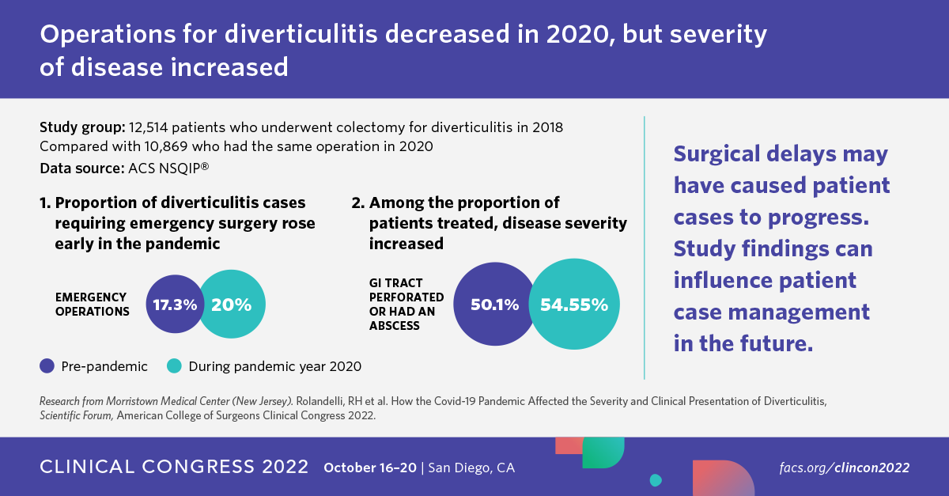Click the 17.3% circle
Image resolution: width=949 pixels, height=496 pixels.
(x=172, y=305)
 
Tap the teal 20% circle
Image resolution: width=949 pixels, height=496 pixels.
(x=233, y=305)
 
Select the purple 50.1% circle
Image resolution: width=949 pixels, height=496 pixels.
(x=494, y=305)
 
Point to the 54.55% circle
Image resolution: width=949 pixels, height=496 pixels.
(x=574, y=305)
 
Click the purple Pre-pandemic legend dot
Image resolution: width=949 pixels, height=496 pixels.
(x=47, y=365)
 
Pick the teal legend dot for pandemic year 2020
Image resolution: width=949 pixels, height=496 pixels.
(x=175, y=365)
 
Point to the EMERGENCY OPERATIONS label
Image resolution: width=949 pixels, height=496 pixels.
(x=92, y=304)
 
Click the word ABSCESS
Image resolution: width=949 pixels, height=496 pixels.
(x=395, y=325)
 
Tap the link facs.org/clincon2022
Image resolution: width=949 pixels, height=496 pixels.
(x=843, y=468)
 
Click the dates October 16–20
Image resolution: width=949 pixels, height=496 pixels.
(x=369, y=468)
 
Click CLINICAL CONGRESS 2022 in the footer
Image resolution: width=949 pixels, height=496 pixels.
(x=174, y=467)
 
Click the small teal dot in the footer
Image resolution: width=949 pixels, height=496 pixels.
(x=655, y=480)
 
